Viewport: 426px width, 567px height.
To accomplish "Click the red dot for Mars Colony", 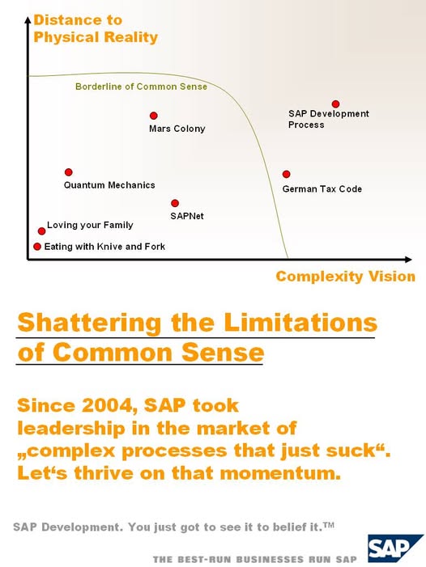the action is (153, 116).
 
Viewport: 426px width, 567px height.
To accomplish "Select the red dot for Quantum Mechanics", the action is (68, 172).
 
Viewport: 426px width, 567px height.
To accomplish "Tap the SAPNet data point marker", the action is (175, 203).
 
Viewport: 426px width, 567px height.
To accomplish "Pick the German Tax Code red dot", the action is (286, 174).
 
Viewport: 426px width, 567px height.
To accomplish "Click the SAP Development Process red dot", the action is (335, 104).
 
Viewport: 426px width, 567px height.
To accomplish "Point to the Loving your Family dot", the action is (41, 231).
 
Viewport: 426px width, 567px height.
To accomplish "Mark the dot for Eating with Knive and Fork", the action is (37, 247).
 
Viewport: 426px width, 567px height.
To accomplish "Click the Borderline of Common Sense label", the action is (141, 87).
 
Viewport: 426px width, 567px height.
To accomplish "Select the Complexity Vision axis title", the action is (346, 277).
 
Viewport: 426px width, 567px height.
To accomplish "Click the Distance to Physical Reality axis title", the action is (96, 28).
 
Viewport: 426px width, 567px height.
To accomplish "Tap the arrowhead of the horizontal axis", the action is (408, 260).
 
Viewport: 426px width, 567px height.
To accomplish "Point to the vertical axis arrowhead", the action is (28, 19).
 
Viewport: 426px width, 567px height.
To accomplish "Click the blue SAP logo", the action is (395, 548).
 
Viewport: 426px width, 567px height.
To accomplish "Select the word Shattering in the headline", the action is (89, 323).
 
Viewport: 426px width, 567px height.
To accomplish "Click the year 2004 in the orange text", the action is (109, 405).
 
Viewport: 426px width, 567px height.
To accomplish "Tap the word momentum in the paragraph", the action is (280, 473).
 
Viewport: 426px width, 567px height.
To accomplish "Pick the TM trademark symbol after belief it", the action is (329, 525).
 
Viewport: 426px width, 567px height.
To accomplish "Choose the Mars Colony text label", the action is (177, 129).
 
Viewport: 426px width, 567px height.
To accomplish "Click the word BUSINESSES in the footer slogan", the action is (271, 560).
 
